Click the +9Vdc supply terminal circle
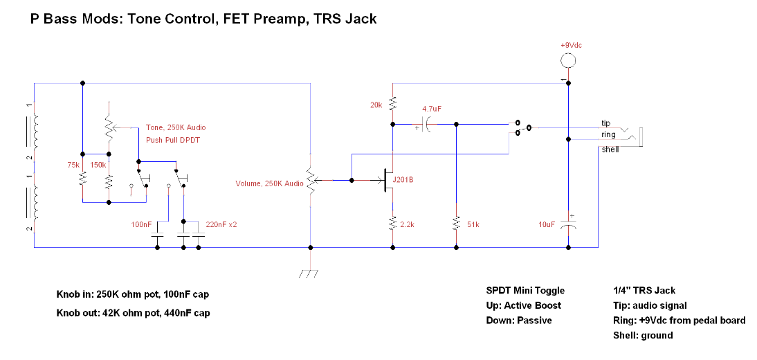[568, 60]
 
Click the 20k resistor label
[376, 105]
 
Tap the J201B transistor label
[404, 180]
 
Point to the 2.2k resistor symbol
[392, 224]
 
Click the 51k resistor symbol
[456, 224]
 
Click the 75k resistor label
[73, 165]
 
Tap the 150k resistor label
[98, 165]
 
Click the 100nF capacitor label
[141, 225]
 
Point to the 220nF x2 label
[221, 225]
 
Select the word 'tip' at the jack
[605, 123]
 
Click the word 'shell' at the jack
[610, 150]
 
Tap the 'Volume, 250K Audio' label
[269, 183]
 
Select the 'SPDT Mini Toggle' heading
[525, 290]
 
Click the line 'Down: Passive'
[519, 321]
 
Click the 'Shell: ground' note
[643, 335]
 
